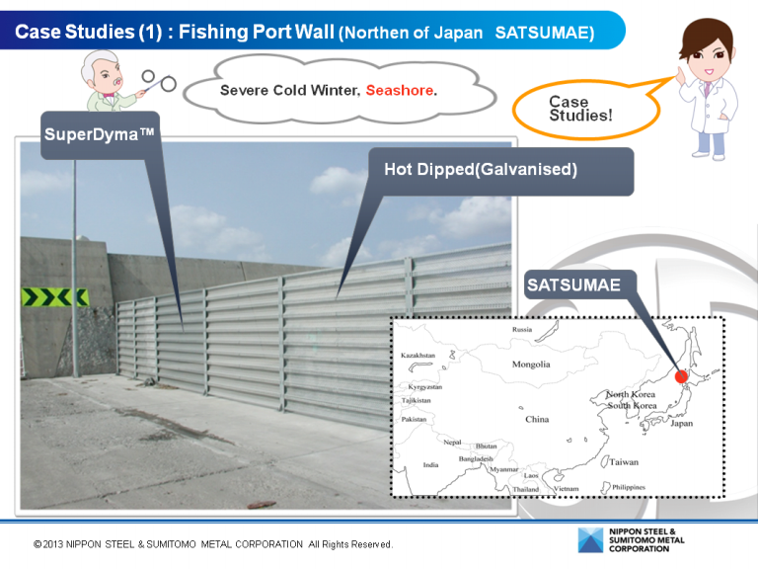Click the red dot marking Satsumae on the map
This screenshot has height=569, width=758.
coord(681,376)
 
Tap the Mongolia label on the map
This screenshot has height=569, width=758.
coord(531,365)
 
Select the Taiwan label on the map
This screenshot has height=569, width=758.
coord(624,462)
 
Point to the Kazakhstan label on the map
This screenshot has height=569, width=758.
coord(417,356)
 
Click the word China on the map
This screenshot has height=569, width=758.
coord(537,419)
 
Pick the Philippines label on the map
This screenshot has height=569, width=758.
coord(629,487)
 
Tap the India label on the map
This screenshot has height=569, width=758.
coord(430,465)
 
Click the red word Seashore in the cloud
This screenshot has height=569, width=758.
coord(400,90)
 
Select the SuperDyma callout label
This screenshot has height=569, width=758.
coord(99,134)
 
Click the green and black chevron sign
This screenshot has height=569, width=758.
coord(55,297)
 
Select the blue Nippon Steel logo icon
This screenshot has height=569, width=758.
coord(590,540)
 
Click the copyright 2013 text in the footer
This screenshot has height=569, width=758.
coord(213,544)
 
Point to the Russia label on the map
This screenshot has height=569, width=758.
coord(522,330)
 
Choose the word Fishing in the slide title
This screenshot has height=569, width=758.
coord(213,33)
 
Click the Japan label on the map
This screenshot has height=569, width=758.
coord(682,424)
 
